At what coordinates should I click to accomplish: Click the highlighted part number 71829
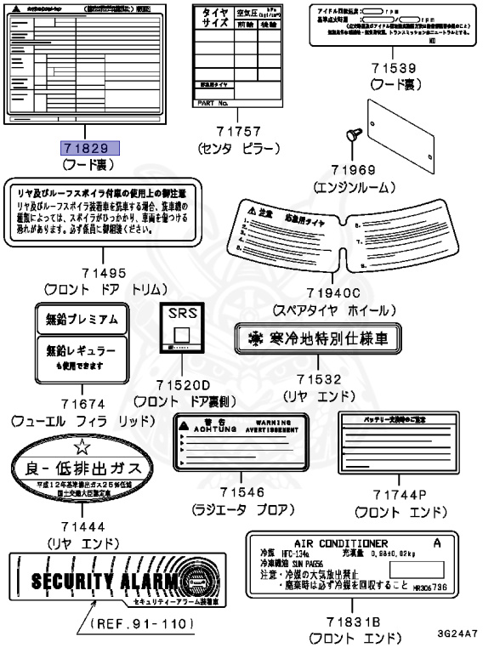tap(89, 148)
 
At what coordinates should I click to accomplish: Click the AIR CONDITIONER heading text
tap(340, 542)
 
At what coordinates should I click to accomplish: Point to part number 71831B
tap(347, 622)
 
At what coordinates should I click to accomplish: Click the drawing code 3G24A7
tap(457, 633)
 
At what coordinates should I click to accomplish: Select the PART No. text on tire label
tap(213, 102)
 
